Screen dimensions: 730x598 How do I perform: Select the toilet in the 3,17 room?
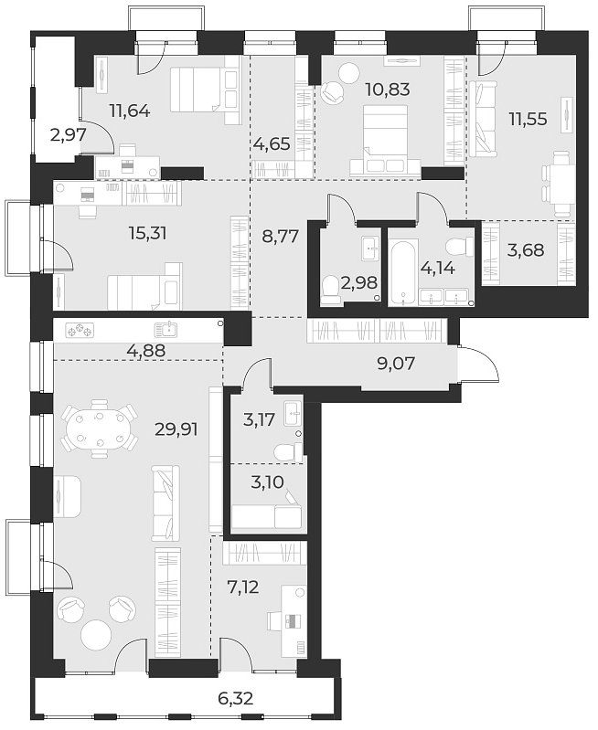coord(286,450)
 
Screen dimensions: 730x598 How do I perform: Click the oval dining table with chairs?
coord(96,431)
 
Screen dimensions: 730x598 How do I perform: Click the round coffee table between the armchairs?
coord(99,635)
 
